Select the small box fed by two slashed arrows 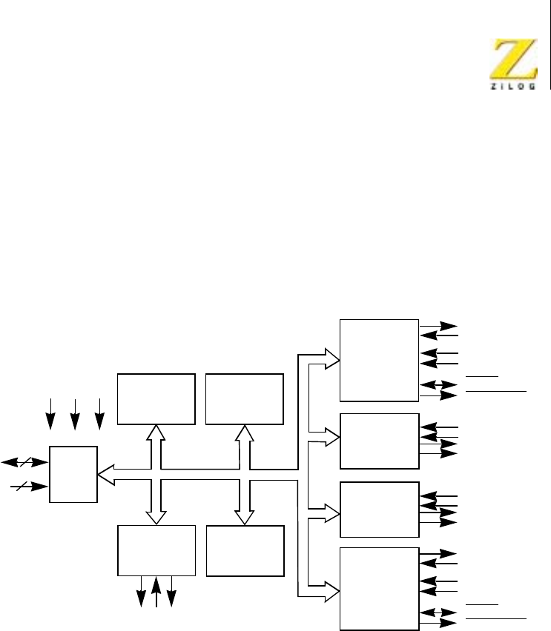tap(73, 474)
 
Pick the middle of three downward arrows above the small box tap(75, 413)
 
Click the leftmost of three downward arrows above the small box tap(50, 413)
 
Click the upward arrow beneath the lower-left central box tap(156, 593)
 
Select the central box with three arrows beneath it tap(156, 550)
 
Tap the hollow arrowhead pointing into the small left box tap(105, 473)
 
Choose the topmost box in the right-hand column tap(379, 360)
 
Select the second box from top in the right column tap(379, 441)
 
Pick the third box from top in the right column tap(379, 509)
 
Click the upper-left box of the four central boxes tap(156, 398)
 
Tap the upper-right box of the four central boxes tap(245, 398)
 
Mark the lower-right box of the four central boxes tap(245, 550)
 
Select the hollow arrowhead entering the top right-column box tap(332, 360)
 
